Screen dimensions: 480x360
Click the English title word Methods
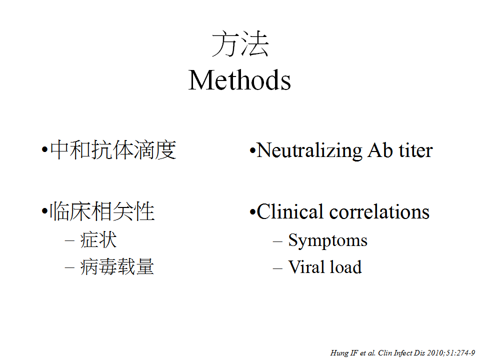pyautogui.click(x=239, y=80)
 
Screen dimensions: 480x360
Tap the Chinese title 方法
pyautogui.click(x=240, y=44)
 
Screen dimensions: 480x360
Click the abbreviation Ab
pyautogui.click(x=380, y=150)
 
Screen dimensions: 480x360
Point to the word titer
pyautogui.click(x=415, y=150)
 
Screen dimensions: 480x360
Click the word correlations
pyautogui.click(x=379, y=211)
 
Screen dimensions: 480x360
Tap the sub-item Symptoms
pyautogui.click(x=327, y=240)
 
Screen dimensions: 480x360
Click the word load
pyautogui.click(x=345, y=266)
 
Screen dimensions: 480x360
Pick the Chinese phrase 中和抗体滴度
pyautogui.click(x=113, y=150)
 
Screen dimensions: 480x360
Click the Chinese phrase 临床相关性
pyautogui.click(x=102, y=211)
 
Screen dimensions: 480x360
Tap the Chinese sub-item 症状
pyautogui.click(x=98, y=239)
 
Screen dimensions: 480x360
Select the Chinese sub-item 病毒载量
pyautogui.click(x=117, y=266)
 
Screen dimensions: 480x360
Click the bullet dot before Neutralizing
pyautogui.click(x=252, y=150)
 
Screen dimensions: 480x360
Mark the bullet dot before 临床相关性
pyautogui.click(x=44, y=211)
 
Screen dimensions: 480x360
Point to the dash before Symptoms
pyautogui.click(x=277, y=241)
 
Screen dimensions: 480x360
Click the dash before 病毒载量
pyautogui.click(x=69, y=268)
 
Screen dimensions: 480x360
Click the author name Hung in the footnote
pyautogui.click(x=339, y=353)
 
